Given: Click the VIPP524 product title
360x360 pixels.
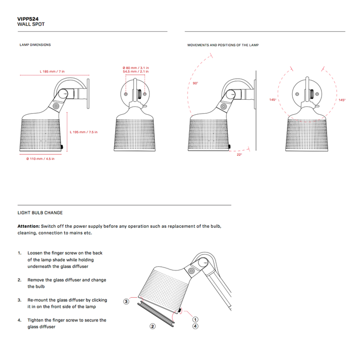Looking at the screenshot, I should [x=28, y=19].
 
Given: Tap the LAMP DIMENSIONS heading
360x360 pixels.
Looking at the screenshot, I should [x=35, y=45].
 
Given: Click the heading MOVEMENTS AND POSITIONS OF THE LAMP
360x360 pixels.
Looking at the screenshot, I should [x=223, y=45].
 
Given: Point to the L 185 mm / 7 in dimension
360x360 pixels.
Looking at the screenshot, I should [x=52, y=71].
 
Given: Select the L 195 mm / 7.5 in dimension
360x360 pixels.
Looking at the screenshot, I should [x=83, y=132].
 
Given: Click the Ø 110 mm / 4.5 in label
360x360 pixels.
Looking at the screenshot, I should [x=40, y=158].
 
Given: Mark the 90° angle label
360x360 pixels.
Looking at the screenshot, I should [x=195, y=83].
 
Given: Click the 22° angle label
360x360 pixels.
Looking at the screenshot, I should [x=239, y=154].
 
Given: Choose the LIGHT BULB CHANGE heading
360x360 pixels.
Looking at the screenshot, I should [x=40, y=212].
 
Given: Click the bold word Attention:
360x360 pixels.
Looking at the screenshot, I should [x=28, y=226].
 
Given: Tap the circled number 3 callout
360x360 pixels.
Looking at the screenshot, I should [x=126, y=301].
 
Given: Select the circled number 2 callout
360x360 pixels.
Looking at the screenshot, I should [x=153, y=326].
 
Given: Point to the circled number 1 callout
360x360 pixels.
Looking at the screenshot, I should [x=195, y=319].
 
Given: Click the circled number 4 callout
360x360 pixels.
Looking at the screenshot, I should [x=195, y=326].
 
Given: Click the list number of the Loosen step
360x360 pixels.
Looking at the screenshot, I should [x=20, y=253].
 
